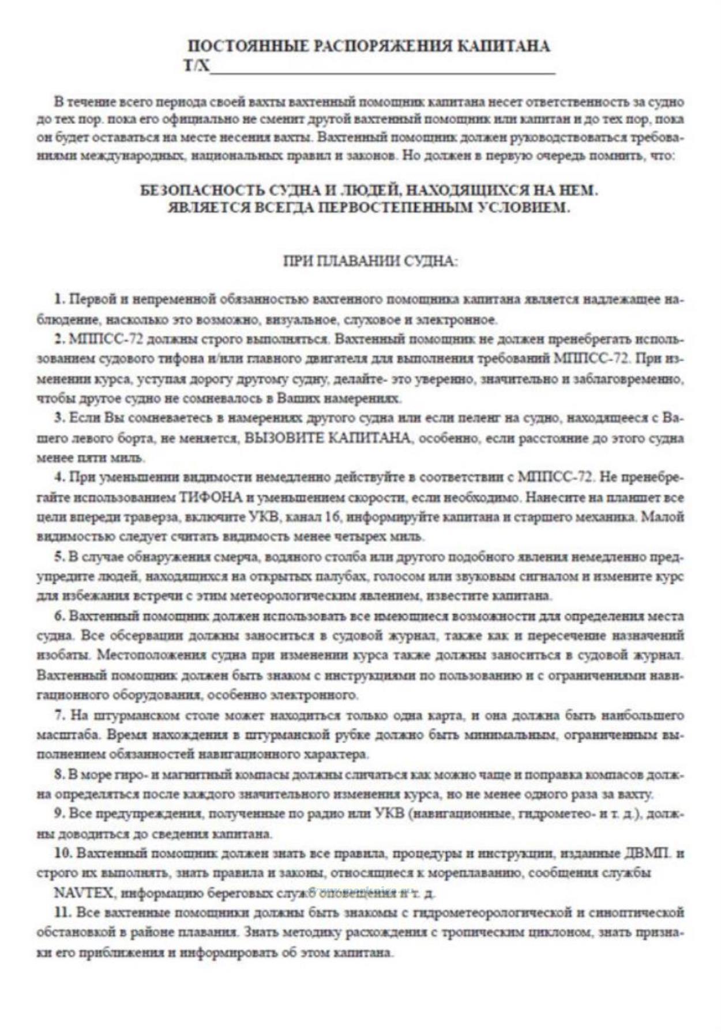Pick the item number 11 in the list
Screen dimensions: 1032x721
click(x=62, y=912)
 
